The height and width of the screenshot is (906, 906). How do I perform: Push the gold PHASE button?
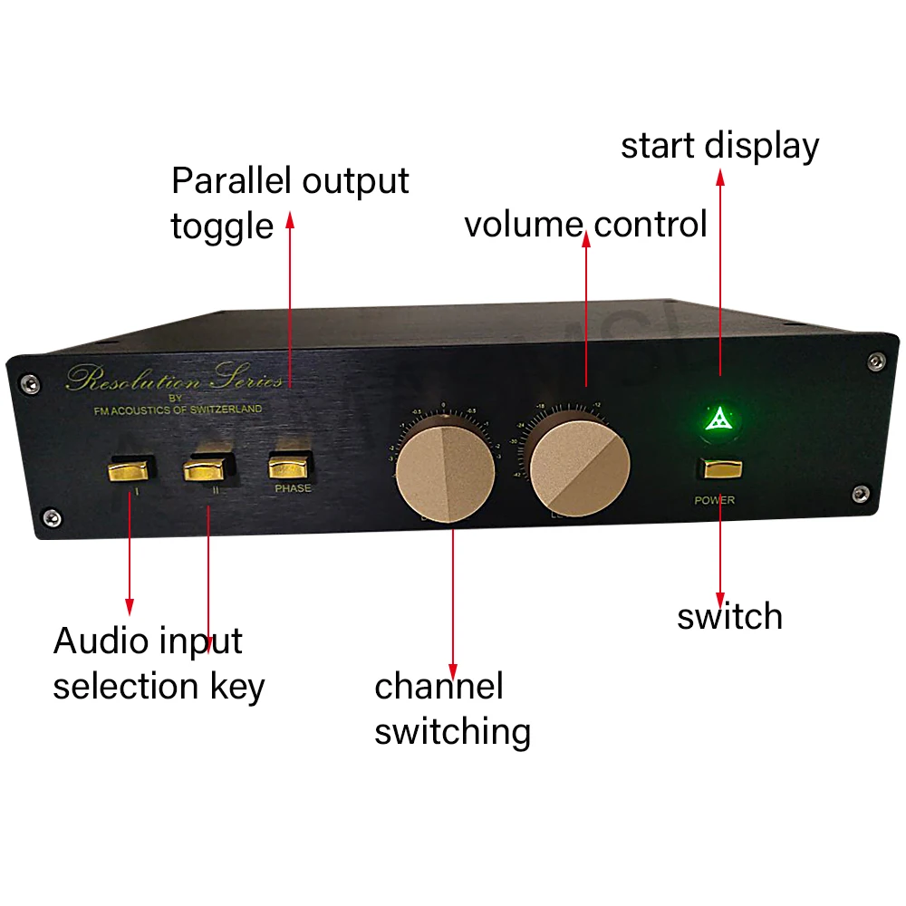[290, 467]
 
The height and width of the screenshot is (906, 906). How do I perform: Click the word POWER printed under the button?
[714, 500]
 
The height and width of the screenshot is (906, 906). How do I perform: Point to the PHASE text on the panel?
[293, 488]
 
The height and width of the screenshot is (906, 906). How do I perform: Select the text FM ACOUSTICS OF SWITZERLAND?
[178, 410]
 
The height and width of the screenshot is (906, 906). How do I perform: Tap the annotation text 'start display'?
[719, 146]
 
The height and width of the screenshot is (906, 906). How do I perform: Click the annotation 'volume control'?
[585, 224]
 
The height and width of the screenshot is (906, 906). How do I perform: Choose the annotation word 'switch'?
[729, 616]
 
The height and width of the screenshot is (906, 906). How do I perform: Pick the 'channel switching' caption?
[452, 708]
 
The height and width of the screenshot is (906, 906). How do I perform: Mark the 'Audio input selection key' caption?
[159, 663]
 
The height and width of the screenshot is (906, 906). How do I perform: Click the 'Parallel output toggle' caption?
[289, 202]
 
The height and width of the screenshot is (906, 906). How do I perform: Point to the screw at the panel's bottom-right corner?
[857, 493]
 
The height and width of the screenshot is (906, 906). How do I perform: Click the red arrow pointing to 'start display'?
[720, 272]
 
